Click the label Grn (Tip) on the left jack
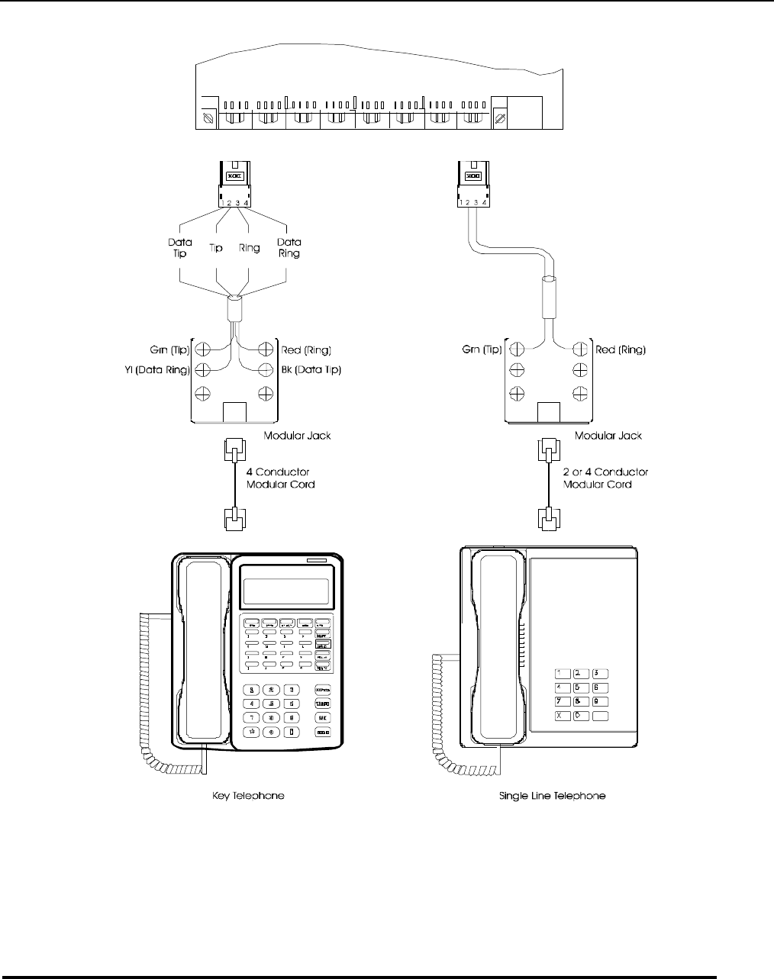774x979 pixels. [169, 350]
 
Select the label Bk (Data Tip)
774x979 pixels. [311, 370]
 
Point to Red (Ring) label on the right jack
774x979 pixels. [621, 350]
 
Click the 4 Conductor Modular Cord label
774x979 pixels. [280, 478]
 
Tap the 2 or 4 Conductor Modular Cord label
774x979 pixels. [605, 478]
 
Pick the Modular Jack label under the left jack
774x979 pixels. [297, 436]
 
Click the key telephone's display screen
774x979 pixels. [285, 590]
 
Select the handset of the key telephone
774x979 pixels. [204, 649]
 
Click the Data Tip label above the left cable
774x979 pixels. [180, 247]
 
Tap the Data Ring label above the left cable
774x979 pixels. [289, 247]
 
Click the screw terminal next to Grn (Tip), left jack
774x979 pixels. [203, 350]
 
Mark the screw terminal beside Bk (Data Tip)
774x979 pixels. [266, 370]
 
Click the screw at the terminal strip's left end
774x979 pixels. [208, 119]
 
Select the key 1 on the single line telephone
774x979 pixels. [562, 674]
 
